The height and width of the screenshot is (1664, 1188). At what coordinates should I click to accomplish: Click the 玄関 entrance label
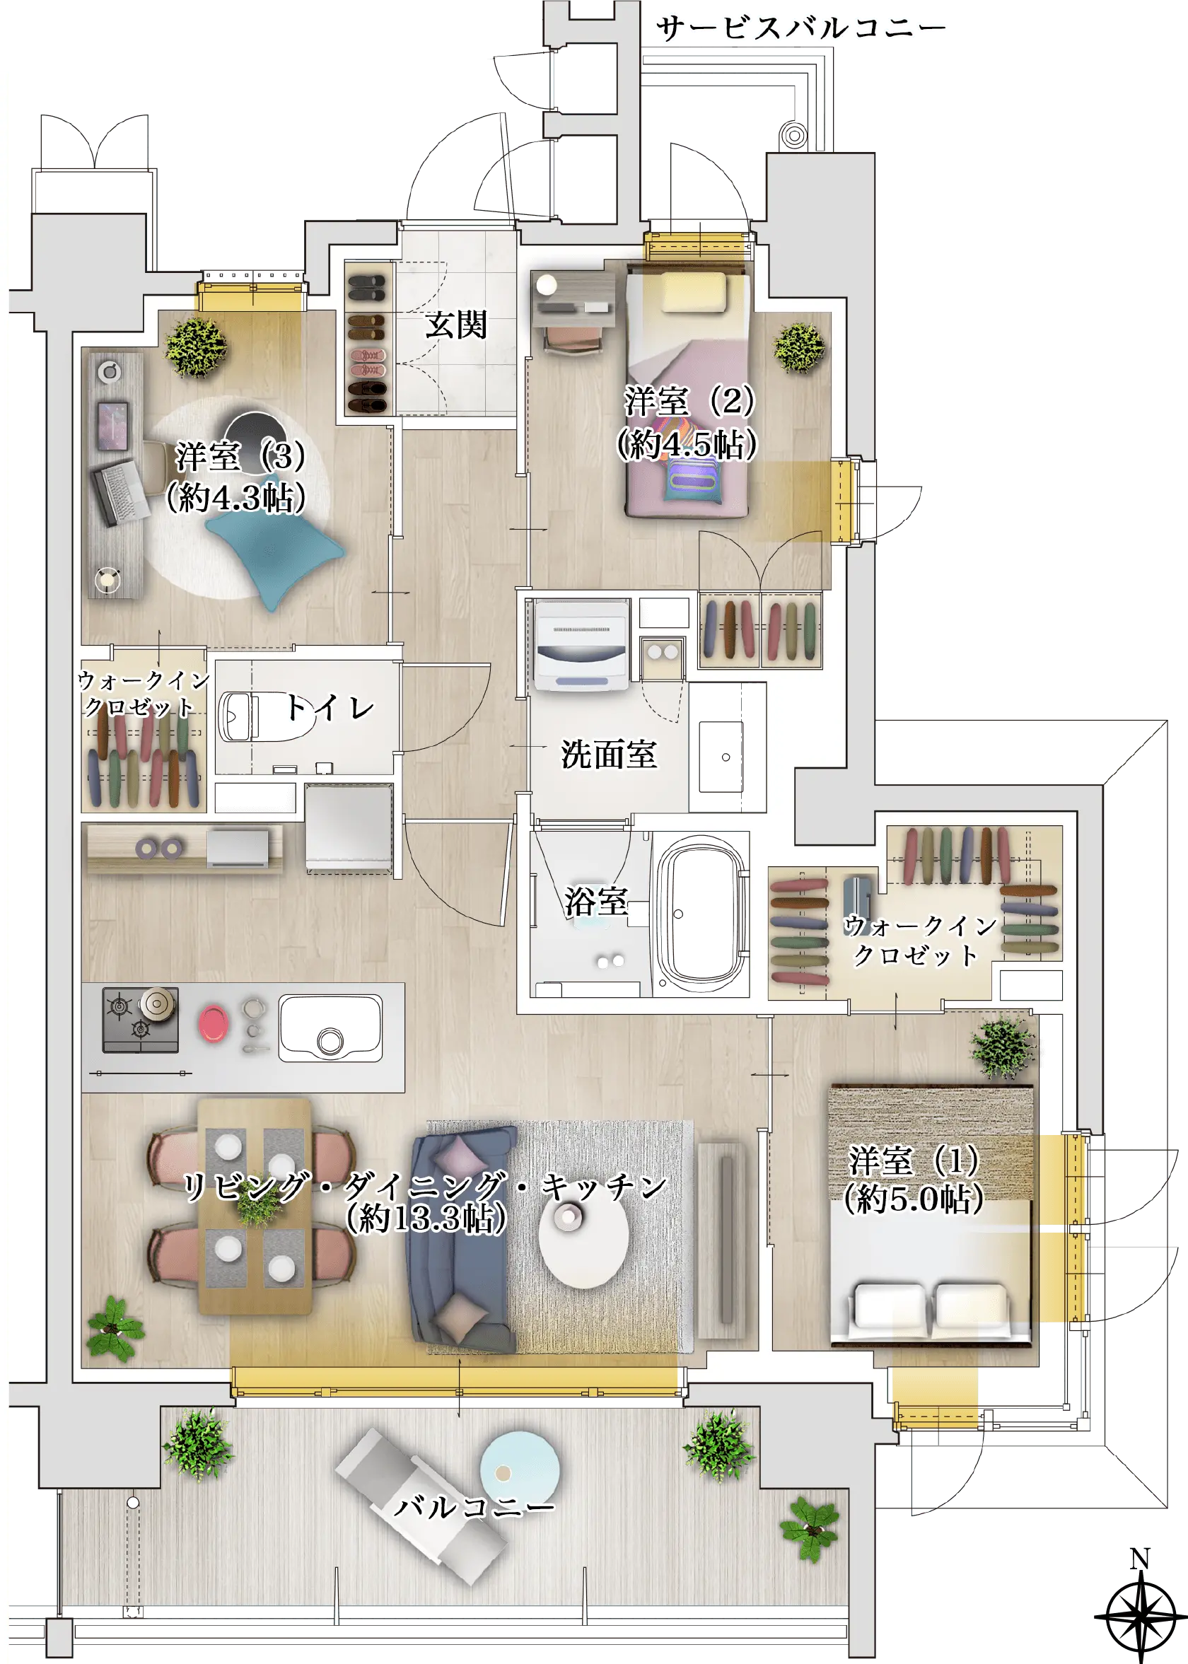point(457,325)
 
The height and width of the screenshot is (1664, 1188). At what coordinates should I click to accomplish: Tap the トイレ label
point(330,707)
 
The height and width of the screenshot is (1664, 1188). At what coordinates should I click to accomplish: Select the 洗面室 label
point(609,754)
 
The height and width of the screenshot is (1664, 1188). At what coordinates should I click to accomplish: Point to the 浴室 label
point(595,901)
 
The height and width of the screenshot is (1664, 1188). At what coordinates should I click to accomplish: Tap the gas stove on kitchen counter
point(141,1020)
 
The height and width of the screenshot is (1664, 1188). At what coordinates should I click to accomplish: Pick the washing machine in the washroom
point(581,645)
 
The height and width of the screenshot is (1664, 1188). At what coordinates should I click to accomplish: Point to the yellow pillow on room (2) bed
point(694,293)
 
